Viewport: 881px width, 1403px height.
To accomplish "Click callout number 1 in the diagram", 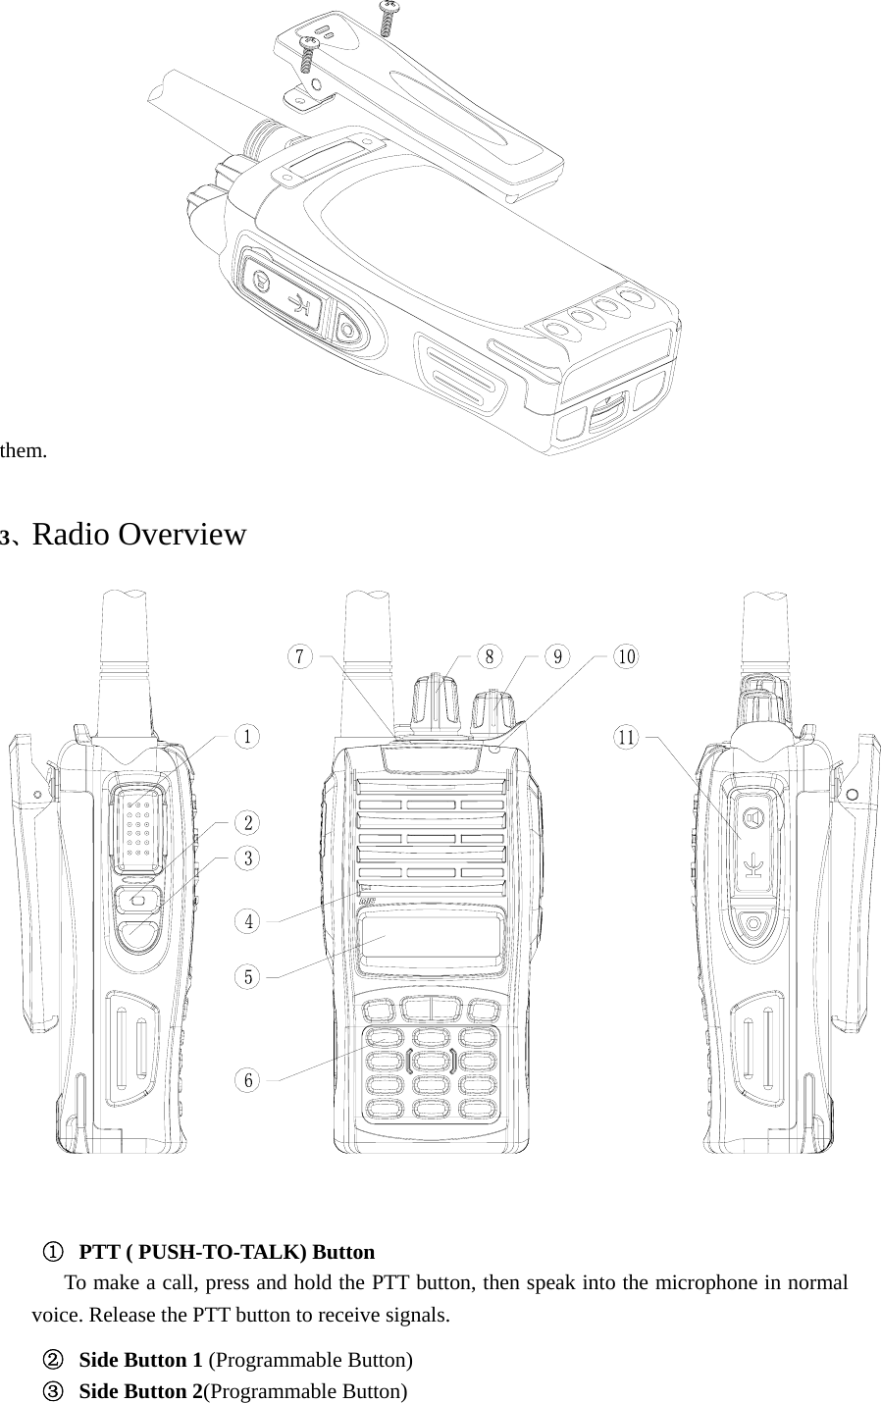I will click(249, 736).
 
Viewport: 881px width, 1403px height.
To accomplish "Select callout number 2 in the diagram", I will click(249, 821).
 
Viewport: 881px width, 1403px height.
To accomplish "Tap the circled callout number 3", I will click(249, 858).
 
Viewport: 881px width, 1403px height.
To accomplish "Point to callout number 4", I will click(249, 921).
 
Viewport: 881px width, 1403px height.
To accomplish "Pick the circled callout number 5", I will click(249, 977).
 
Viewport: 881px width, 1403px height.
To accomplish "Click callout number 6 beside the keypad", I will click(249, 1080).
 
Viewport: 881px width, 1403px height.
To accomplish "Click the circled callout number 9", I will click(557, 656).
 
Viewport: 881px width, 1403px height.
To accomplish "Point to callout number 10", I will click(625, 656).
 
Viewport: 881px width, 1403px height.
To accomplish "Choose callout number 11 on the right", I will click(626, 736).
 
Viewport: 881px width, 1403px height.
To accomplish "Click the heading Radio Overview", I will click(138, 536).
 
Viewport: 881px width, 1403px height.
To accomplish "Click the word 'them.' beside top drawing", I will click(24, 451).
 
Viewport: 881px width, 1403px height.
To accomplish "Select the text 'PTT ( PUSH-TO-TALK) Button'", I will click(227, 1252).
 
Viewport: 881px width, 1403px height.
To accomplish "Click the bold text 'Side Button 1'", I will click(140, 1360).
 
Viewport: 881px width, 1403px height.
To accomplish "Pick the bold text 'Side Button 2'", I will click(140, 1391).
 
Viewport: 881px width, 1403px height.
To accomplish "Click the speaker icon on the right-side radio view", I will click(753, 818).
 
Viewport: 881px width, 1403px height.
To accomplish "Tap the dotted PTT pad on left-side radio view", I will click(136, 829).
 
